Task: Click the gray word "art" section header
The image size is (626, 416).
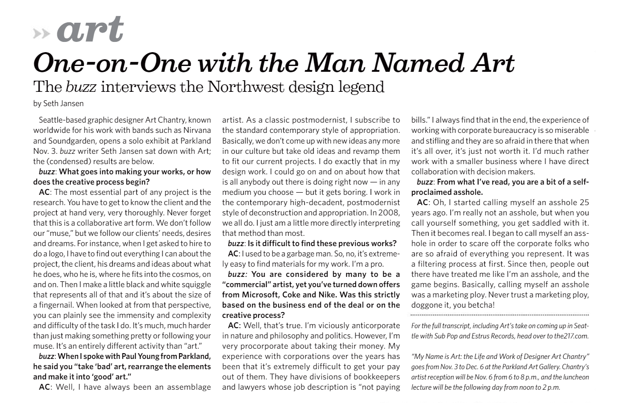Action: pos(90,30)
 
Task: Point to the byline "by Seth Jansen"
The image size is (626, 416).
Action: pos(58,103)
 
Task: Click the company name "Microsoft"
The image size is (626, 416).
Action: pos(261,295)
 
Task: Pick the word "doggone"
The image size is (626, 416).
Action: pos(426,305)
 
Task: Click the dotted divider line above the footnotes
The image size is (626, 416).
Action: pos(500,315)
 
